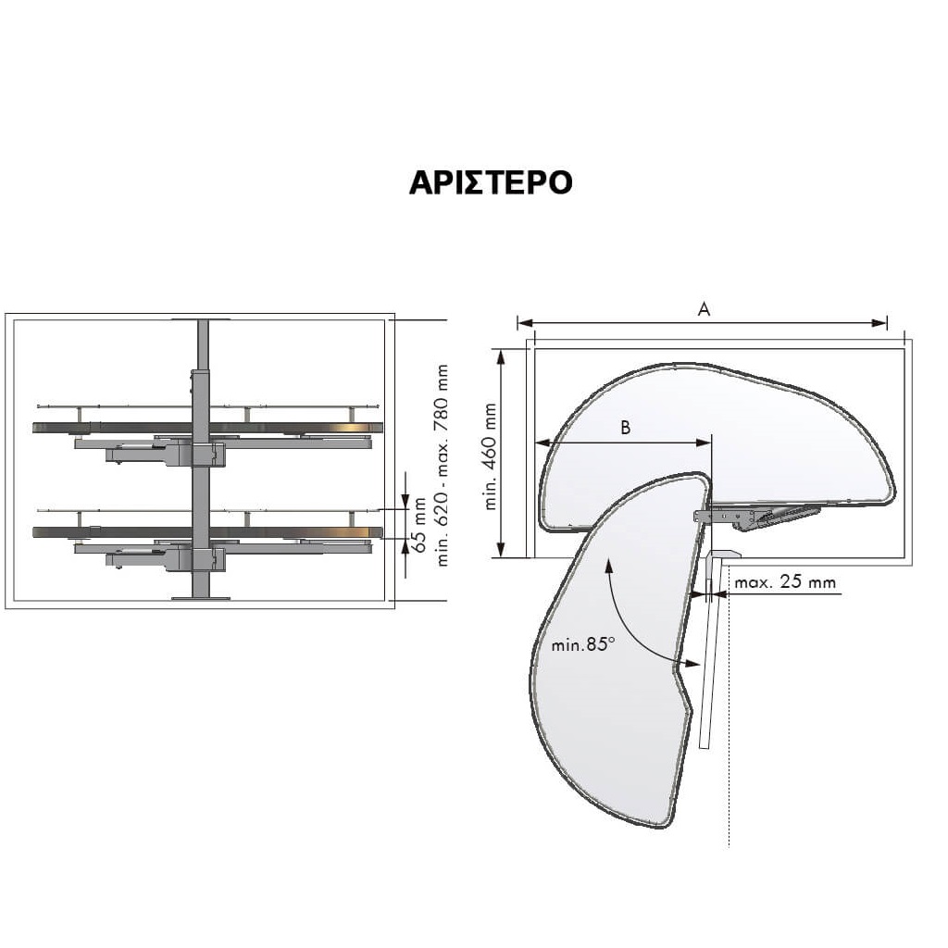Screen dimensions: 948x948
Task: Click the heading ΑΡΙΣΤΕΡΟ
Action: tap(491, 182)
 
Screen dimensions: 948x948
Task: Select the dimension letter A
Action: tap(704, 310)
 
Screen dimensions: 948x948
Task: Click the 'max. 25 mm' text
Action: tap(785, 583)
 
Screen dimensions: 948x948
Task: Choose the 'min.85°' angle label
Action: tap(583, 644)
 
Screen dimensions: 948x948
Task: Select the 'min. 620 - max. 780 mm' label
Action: tap(443, 464)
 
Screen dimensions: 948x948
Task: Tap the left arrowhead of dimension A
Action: tap(523, 323)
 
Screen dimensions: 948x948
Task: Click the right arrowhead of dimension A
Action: tap(881, 323)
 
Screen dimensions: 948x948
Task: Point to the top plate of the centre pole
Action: tap(201, 319)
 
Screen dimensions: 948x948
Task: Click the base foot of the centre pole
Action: tap(201, 597)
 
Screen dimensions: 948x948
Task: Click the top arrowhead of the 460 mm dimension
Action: tap(501, 355)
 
